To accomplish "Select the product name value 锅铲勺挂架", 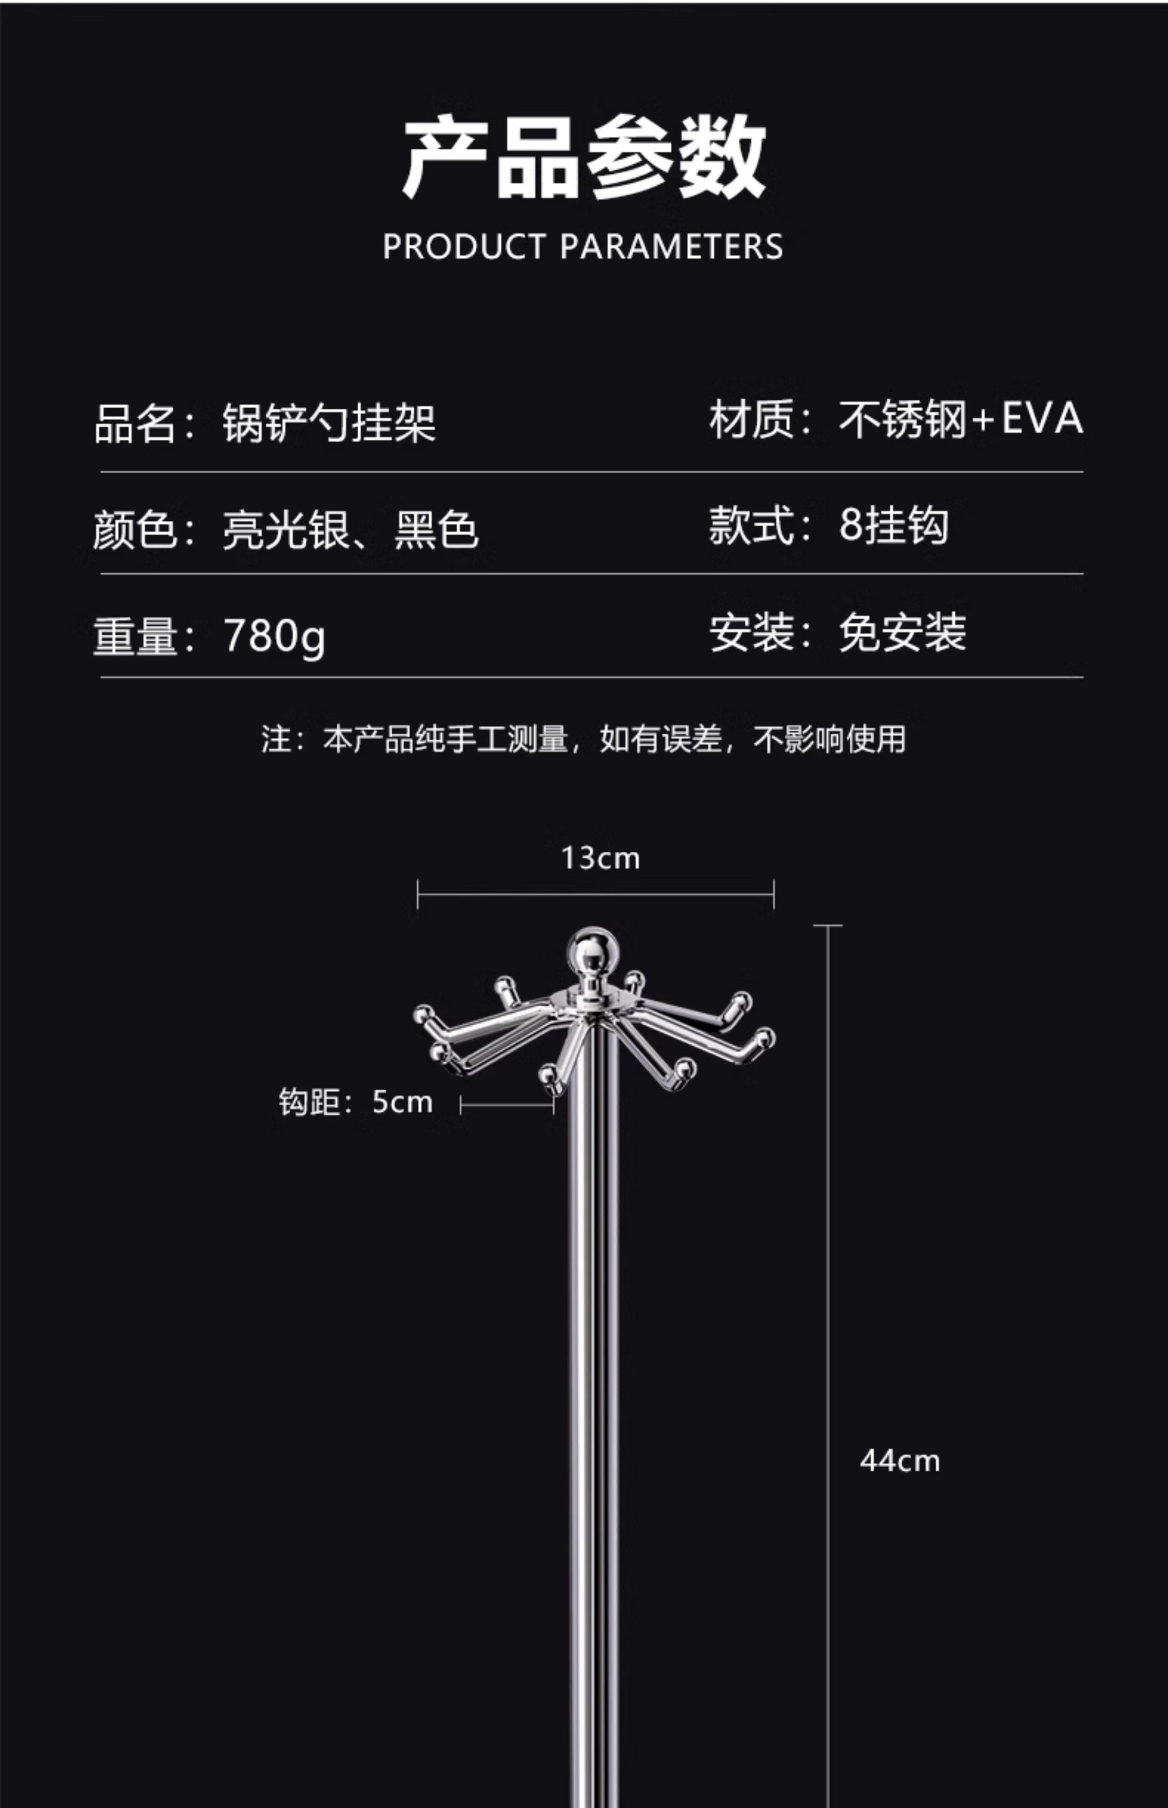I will [x=329, y=423].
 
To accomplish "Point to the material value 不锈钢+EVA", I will [x=960, y=419].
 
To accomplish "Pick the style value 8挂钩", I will [x=893, y=525].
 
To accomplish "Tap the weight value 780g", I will [x=275, y=635].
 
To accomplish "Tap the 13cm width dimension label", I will [x=600, y=859].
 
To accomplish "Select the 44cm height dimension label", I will [x=900, y=1461].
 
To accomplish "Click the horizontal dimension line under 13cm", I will [x=595, y=895].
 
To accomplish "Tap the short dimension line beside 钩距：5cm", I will [x=507, y=1105].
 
